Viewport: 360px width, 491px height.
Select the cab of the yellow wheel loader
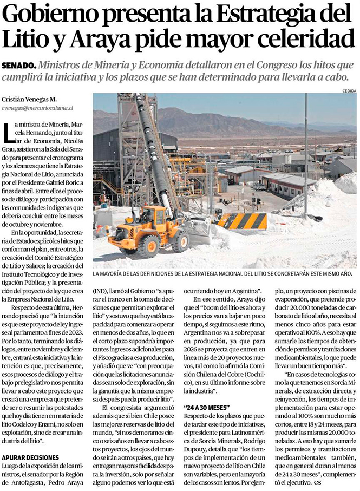tap(152, 217)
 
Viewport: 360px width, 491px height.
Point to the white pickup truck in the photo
tap(260, 187)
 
